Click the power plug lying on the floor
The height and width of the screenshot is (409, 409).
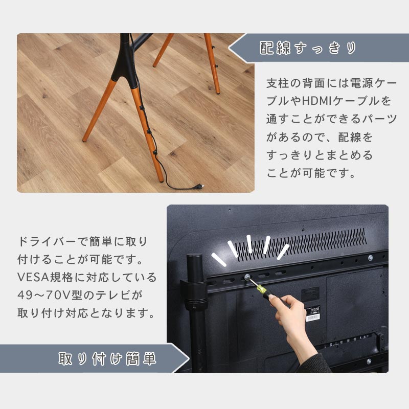click(x=198, y=187)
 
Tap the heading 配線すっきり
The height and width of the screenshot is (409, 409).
click(x=308, y=48)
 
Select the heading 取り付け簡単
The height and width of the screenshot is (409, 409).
click(x=107, y=359)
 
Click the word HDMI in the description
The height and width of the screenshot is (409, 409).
click(x=317, y=101)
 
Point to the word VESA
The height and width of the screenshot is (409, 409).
click(x=33, y=277)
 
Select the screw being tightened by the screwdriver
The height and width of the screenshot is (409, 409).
click(x=246, y=277)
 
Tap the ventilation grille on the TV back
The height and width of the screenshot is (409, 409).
click(x=300, y=244)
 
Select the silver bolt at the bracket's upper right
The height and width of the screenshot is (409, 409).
click(x=370, y=258)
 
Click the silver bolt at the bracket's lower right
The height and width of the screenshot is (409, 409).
click(x=369, y=361)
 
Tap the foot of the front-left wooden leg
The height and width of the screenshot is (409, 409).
click(x=84, y=140)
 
